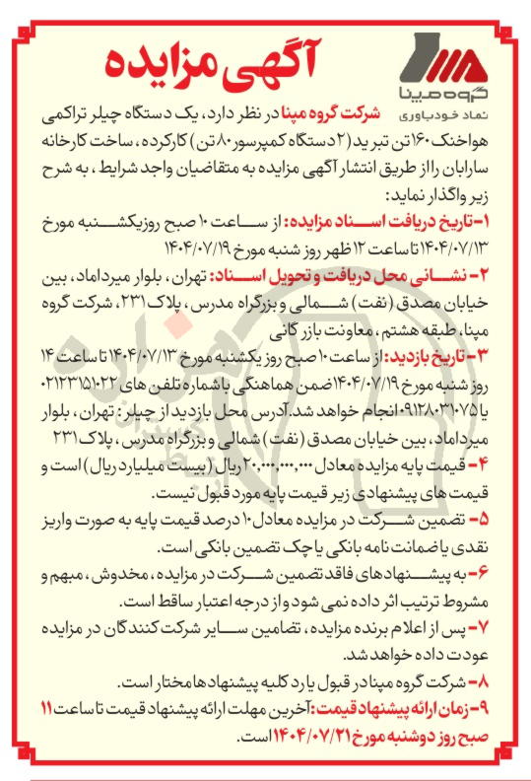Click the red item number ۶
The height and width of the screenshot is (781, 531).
507,575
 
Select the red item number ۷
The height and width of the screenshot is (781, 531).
507,626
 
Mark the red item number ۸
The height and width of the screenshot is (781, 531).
507,681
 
